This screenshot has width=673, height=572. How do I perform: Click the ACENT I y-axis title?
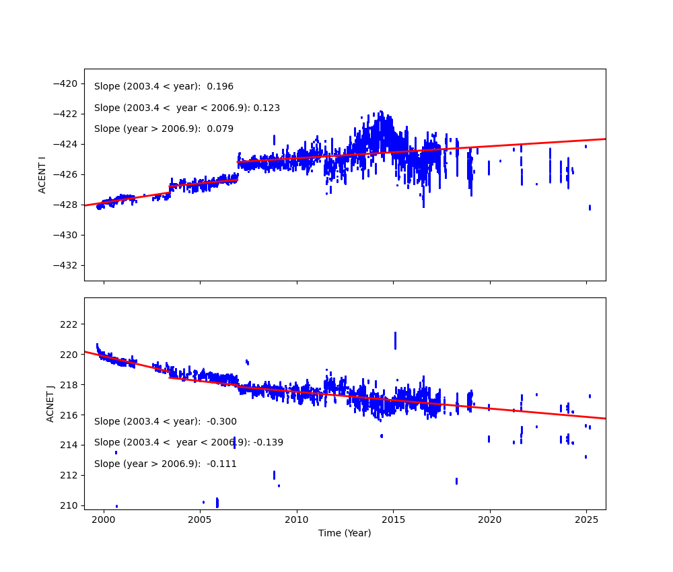point(42,174)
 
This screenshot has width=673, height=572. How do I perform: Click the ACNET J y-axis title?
point(50,404)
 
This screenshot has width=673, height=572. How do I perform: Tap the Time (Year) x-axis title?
point(345,533)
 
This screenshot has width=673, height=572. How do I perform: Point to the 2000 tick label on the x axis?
point(104,520)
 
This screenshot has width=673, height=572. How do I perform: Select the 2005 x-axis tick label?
point(200,520)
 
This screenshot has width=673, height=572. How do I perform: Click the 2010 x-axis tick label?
point(297,520)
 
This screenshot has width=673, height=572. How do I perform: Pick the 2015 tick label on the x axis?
point(393,520)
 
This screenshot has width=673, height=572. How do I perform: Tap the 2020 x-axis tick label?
point(489,520)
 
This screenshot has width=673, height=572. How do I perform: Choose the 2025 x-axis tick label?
point(586,520)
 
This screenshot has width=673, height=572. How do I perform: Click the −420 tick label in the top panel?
point(67,83)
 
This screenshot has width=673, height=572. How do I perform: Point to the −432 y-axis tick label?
point(67,265)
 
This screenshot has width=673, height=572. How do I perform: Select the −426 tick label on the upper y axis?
point(67,174)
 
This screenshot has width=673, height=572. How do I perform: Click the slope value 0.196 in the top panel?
point(220,87)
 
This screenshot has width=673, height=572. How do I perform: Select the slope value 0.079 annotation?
point(220,129)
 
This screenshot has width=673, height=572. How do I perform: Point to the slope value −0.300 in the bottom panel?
point(221,422)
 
